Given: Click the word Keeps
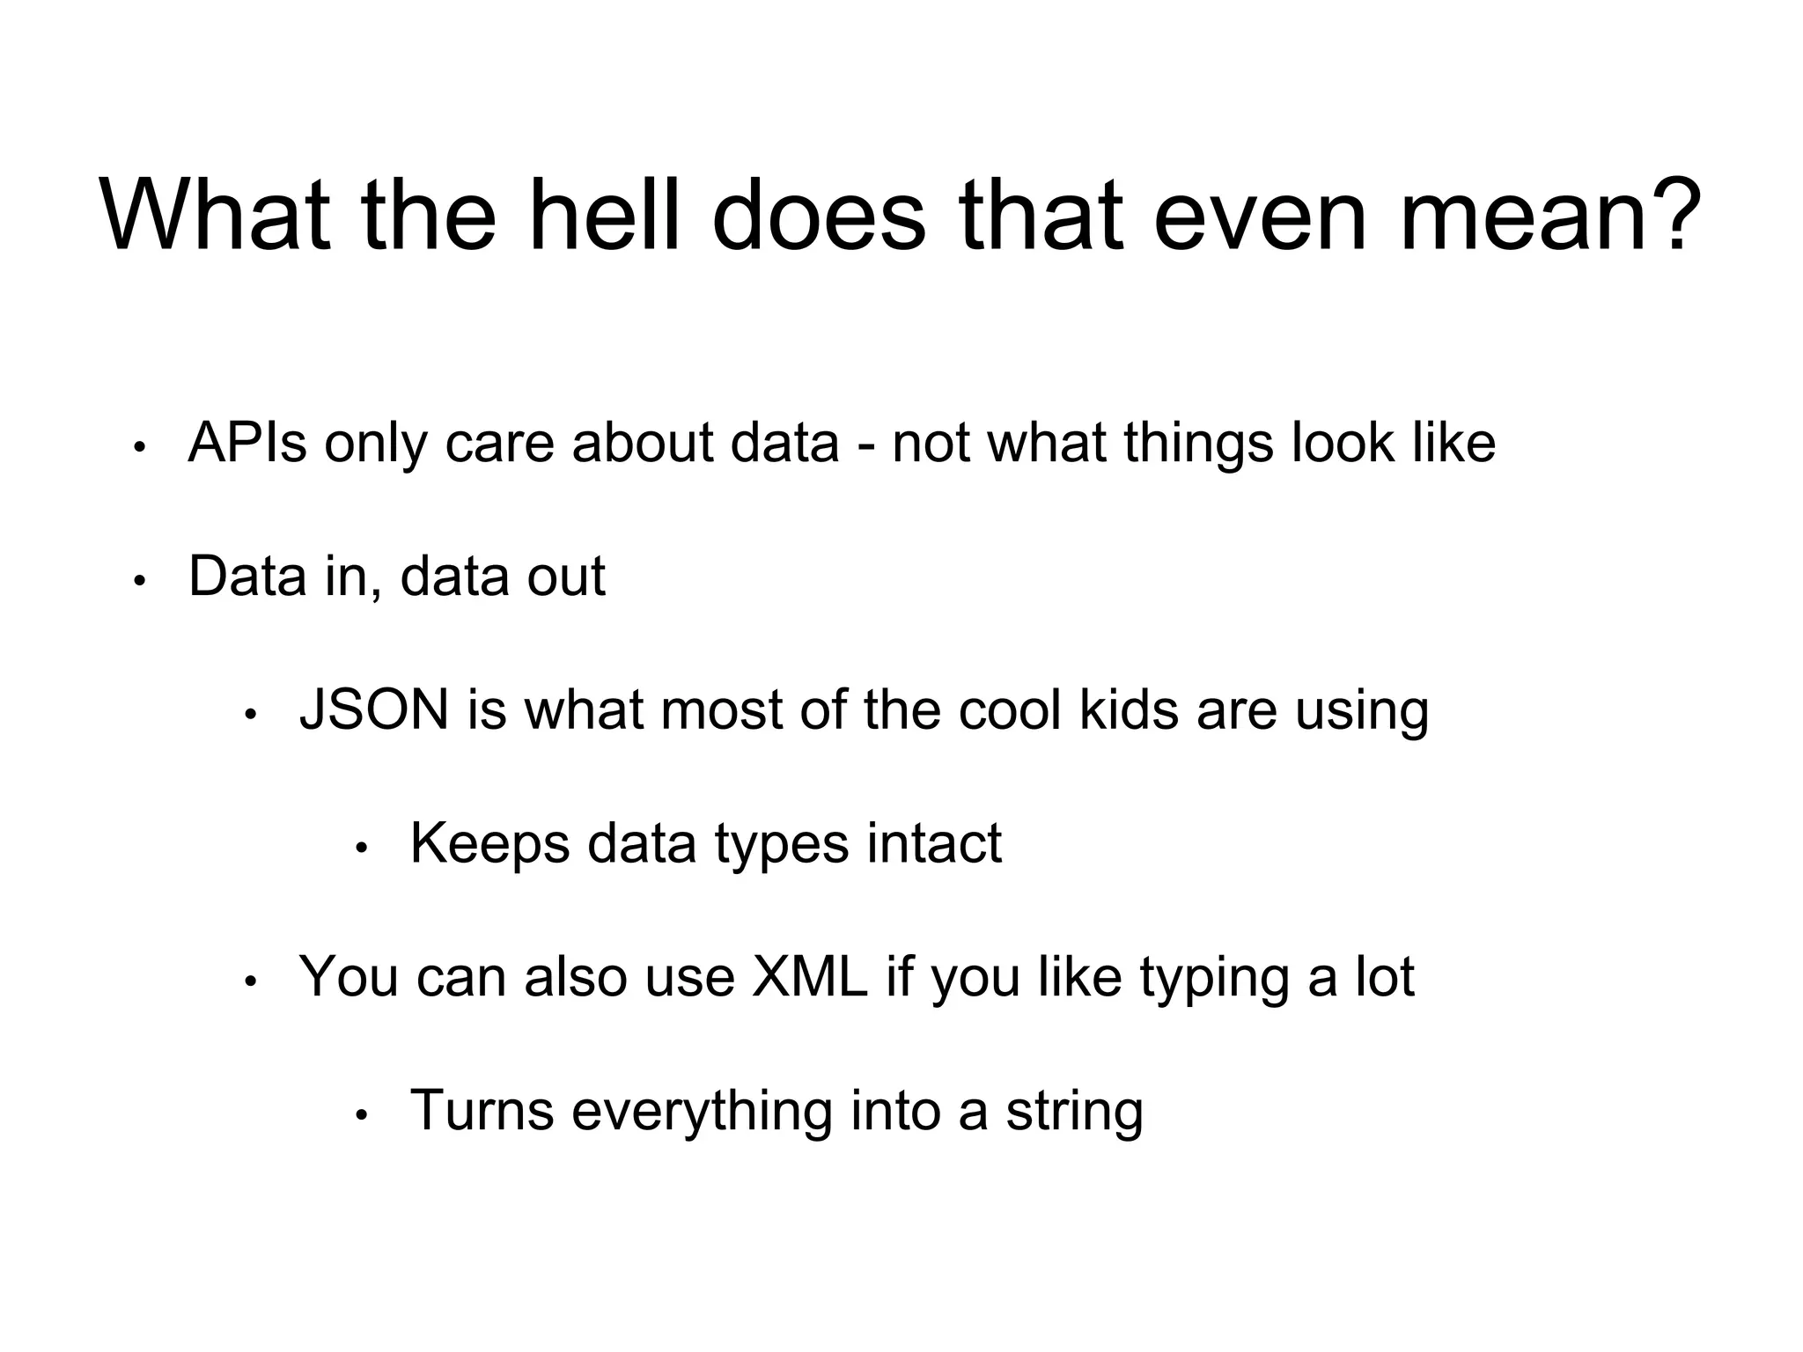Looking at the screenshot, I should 489,843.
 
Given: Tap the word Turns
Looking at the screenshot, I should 482,1111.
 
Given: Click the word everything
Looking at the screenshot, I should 702,1111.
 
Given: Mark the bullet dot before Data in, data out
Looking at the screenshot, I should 138,582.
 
